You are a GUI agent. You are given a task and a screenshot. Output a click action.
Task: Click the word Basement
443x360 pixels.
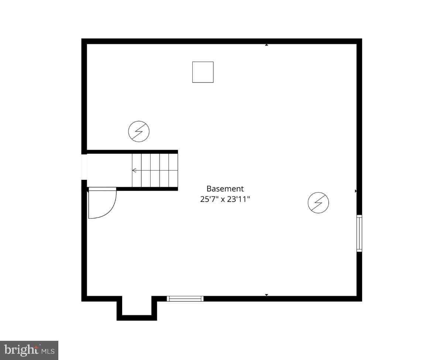pos(225,189)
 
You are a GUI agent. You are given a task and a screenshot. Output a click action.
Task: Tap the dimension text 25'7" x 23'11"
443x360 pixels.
pos(225,199)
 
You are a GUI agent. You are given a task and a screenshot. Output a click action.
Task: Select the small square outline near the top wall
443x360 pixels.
pos(203,72)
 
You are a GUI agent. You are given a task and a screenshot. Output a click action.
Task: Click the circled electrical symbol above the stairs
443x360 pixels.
pos(139,131)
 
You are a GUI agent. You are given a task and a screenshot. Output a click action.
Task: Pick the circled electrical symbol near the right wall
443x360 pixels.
pos(318,203)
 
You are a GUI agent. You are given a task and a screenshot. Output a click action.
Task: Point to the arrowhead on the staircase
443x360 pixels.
pos(134,170)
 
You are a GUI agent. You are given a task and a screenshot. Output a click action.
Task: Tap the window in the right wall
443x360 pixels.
pos(359,233)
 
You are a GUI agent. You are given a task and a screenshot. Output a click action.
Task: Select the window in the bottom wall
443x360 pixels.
pos(185,299)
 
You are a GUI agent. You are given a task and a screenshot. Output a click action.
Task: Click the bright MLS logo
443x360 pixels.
pos(29,350)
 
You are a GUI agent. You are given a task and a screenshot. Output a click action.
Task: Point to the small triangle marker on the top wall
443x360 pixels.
pos(267,45)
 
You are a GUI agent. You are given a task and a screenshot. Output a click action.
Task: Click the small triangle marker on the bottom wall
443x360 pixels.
pos(267,295)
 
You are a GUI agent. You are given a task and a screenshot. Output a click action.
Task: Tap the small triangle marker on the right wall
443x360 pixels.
pos(356,191)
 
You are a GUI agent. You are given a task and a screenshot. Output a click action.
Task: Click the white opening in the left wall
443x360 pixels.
pos(84,167)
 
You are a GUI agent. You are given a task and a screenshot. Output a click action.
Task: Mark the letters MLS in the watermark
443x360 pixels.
pos(48,351)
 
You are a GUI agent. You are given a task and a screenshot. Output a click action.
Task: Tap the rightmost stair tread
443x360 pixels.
pos(173,170)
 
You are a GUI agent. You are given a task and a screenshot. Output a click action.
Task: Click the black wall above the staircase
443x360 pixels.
pos(132,152)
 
